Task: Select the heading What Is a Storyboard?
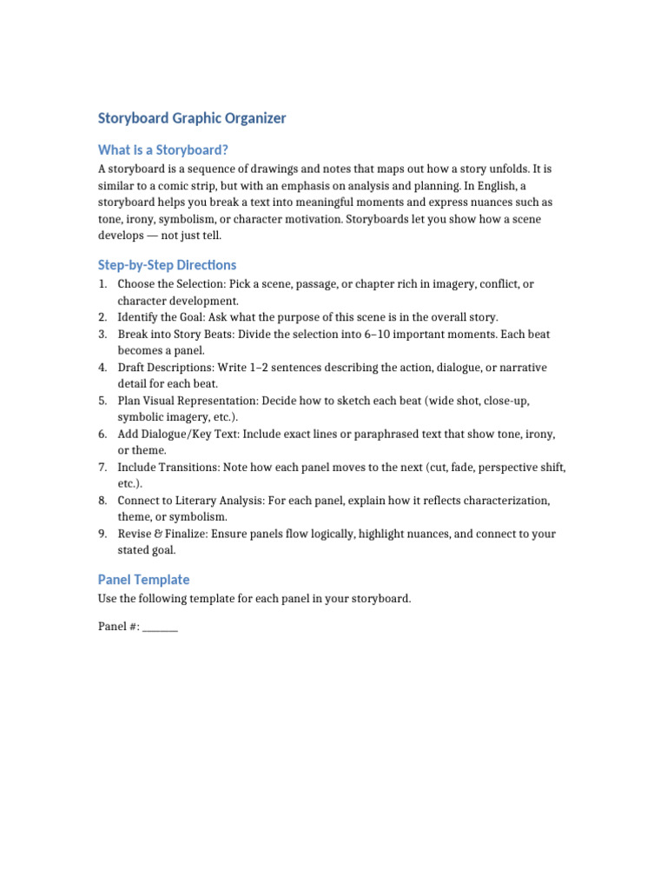click(162, 150)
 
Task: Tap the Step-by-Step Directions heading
click(167, 265)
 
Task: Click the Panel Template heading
click(143, 580)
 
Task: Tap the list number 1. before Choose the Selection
click(102, 284)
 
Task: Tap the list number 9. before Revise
click(102, 535)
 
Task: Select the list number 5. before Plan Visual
click(102, 401)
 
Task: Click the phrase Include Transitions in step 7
click(168, 468)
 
